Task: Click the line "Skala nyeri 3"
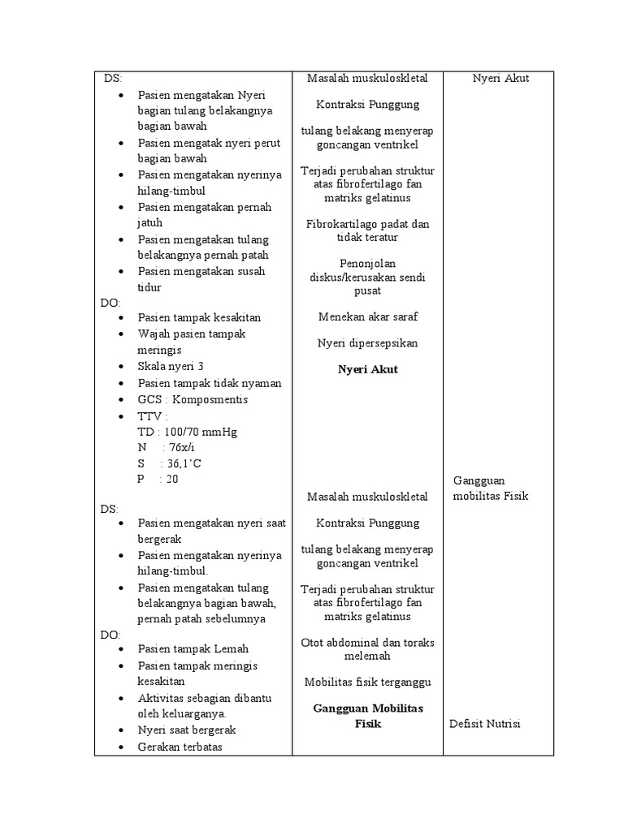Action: [171, 367]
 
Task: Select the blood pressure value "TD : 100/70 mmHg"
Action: [187, 431]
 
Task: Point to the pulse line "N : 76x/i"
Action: [162, 447]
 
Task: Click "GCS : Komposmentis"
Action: [193, 399]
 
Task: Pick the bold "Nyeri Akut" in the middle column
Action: [368, 369]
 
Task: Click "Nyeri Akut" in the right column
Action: [501, 78]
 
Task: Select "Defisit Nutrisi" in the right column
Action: [485, 724]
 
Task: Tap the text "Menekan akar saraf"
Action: [368, 316]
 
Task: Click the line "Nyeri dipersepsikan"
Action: [368, 343]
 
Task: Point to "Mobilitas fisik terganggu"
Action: [368, 682]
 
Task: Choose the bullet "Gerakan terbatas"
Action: [180, 747]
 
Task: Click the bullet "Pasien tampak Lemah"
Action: [193, 649]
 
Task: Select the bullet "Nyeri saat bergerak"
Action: [187, 730]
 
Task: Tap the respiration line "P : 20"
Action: [158, 480]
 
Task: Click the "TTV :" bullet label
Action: [154, 415]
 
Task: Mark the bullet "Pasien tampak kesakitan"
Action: [199, 317]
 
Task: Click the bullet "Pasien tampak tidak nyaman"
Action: [210, 383]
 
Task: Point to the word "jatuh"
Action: [150, 222]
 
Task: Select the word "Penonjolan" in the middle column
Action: [368, 263]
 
